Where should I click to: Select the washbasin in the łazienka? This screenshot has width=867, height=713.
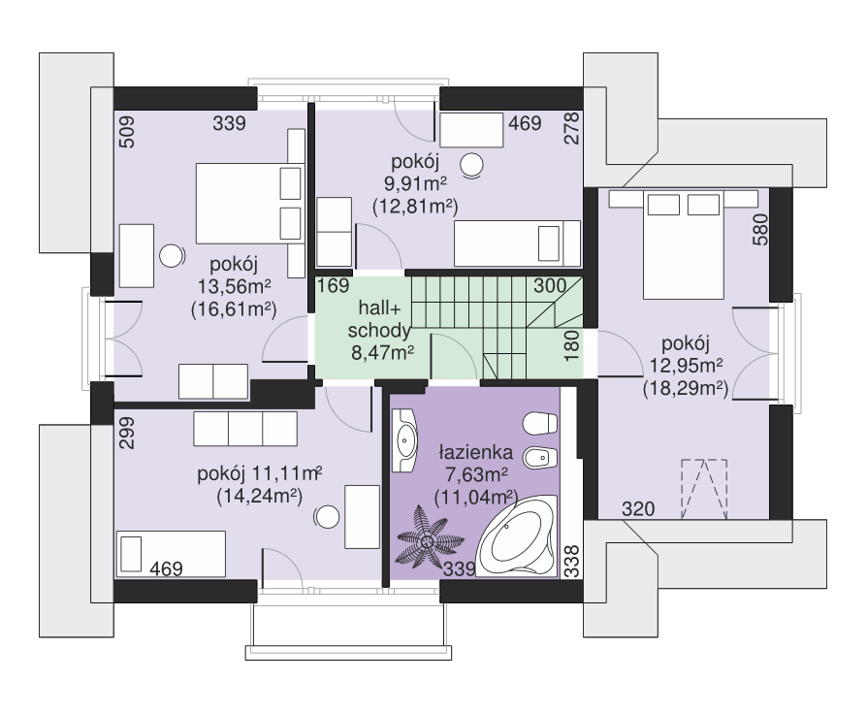pyautogui.click(x=404, y=440)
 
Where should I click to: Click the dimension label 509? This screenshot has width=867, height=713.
pyautogui.click(x=127, y=132)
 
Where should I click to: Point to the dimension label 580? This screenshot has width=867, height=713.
pyautogui.click(x=760, y=230)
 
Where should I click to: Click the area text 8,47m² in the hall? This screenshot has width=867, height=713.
pyautogui.click(x=383, y=352)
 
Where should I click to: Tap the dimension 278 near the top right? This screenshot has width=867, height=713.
pyautogui.click(x=572, y=128)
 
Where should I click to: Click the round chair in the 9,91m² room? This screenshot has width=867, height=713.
pyautogui.click(x=472, y=164)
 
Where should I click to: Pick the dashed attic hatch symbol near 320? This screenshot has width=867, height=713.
pyautogui.click(x=704, y=489)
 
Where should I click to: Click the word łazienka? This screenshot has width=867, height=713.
pyautogui.click(x=476, y=452)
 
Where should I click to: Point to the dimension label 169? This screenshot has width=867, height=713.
pyautogui.click(x=333, y=285)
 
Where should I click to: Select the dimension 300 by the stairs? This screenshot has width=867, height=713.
pyautogui.click(x=550, y=285)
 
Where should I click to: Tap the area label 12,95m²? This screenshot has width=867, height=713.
pyautogui.click(x=686, y=366)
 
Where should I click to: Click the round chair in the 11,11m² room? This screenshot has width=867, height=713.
pyautogui.click(x=327, y=517)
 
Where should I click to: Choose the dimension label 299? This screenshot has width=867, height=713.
pyautogui.click(x=127, y=433)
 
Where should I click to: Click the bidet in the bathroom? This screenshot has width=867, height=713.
pyautogui.click(x=540, y=457)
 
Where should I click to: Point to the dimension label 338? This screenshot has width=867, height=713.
pyautogui.click(x=573, y=561)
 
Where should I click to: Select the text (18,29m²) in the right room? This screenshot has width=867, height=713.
pyautogui.click(x=686, y=388)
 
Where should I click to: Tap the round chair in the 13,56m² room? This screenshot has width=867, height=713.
pyautogui.click(x=172, y=256)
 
